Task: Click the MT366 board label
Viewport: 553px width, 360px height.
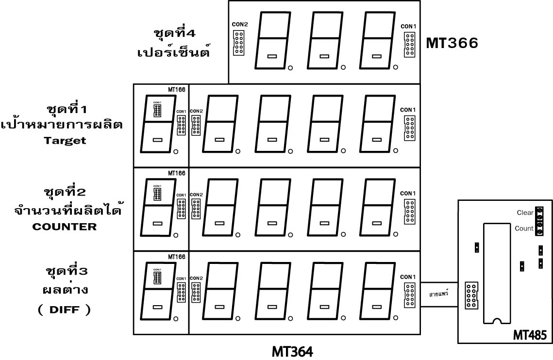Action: (452, 43)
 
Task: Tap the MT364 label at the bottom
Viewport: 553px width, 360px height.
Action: (292, 350)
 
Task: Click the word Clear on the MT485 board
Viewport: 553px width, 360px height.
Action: (525, 213)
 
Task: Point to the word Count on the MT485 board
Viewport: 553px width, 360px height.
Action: (524, 229)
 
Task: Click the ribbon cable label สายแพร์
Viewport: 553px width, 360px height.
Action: (438, 295)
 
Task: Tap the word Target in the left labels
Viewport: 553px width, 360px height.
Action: (65, 141)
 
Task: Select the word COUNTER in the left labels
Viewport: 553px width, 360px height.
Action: (65, 227)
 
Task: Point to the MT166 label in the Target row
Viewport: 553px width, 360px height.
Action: (176, 89)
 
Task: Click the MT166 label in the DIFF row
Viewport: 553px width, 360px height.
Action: (176, 257)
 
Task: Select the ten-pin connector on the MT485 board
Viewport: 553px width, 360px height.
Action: (470, 295)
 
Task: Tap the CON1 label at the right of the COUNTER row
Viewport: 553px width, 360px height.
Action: (408, 194)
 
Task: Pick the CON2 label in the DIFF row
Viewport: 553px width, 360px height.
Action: (196, 278)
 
